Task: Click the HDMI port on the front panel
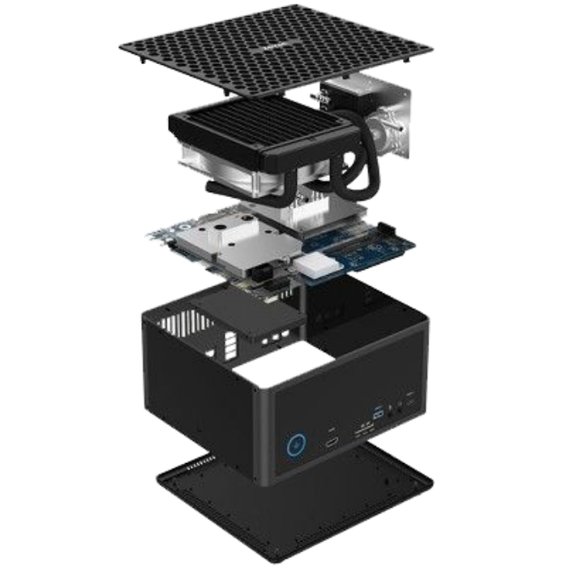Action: point(332,444)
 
